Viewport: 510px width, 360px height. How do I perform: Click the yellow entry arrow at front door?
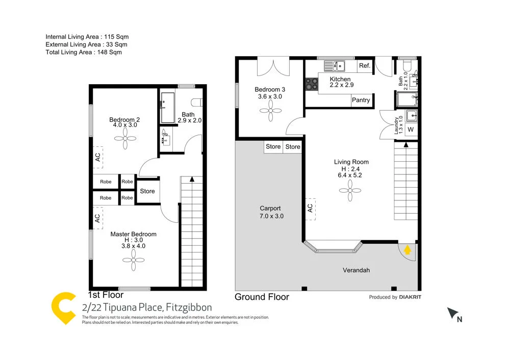[407, 250]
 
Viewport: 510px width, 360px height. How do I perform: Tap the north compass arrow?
[452, 314]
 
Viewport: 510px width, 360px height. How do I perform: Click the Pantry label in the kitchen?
[361, 100]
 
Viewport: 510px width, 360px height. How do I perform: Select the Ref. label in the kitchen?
[365, 66]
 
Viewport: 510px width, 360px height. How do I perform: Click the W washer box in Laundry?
[411, 130]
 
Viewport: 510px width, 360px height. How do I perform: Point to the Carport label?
[270, 209]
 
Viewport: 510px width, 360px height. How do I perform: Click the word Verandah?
[356, 270]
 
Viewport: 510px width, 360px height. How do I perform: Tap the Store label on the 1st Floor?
[147, 192]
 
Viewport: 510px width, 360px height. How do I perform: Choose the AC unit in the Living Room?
[310, 208]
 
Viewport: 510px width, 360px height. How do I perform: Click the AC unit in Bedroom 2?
[97, 157]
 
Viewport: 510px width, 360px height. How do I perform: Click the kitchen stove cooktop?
[311, 83]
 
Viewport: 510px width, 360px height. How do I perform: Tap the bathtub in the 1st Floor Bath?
[168, 108]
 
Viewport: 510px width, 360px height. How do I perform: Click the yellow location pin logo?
[64, 308]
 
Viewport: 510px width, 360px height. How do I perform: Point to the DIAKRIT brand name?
[411, 297]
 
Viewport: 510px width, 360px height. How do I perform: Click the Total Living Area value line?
[84, 52]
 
